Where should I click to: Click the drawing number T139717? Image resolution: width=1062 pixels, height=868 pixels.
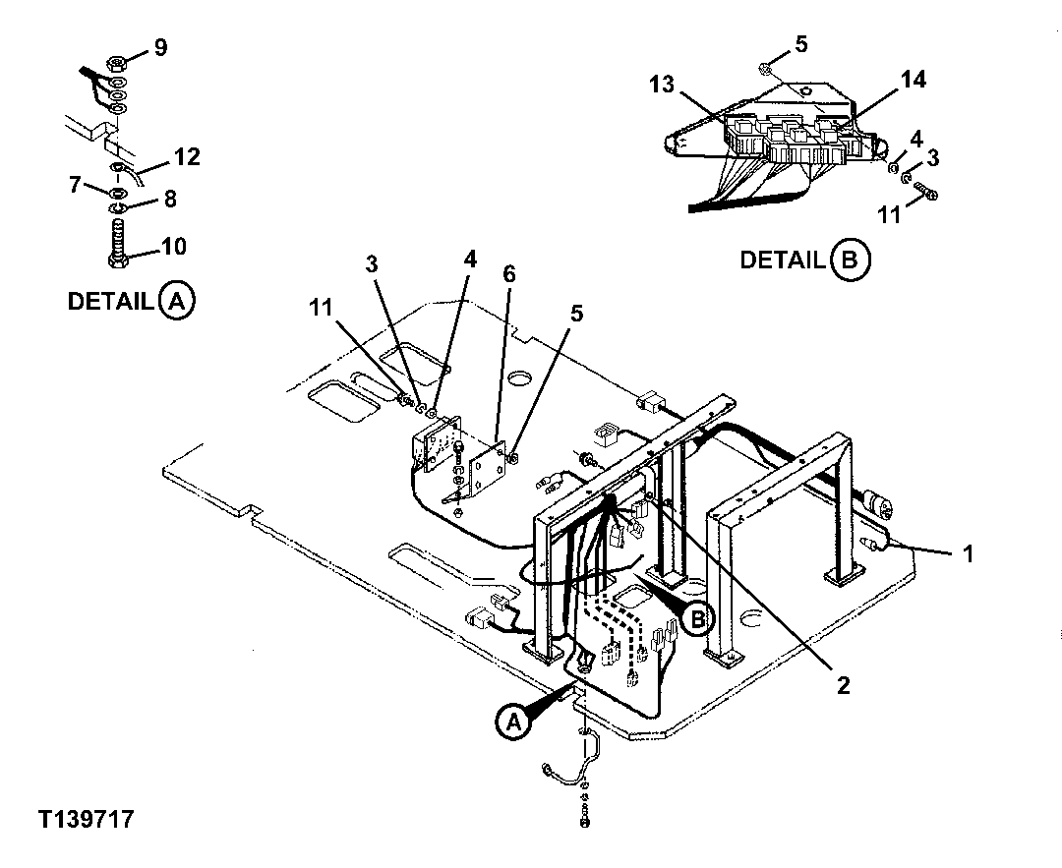coord(86,820)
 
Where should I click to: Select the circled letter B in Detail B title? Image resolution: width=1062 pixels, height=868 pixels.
coord(850,260)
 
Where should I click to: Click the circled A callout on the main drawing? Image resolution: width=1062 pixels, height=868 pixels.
coord(511,723)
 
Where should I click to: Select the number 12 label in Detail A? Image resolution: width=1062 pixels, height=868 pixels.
coord(186,155)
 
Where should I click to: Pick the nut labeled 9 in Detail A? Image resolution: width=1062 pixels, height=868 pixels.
coord(114,63)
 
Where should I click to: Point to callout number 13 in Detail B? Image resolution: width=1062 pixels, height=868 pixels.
coord(662,85)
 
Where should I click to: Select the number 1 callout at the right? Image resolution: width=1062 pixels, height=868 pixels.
coord(968,554)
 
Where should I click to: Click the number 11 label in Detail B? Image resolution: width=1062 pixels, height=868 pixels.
coord(888,214)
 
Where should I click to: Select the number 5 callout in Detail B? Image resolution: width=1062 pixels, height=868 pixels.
coord(800,43)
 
